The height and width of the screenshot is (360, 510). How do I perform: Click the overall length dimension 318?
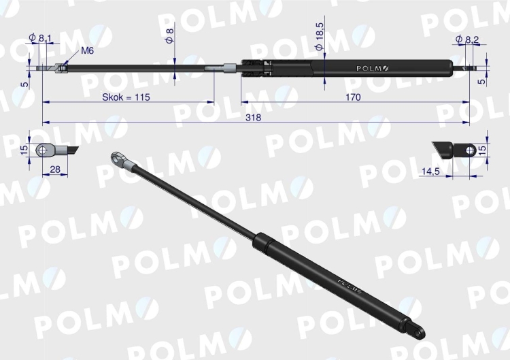254,118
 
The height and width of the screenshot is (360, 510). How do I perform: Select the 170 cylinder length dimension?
353,97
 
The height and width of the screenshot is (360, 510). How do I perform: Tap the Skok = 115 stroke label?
126,97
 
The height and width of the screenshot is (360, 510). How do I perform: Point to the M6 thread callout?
87,50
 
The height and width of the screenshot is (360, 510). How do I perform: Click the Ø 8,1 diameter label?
40,37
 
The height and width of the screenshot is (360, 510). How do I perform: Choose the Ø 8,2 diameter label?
467,39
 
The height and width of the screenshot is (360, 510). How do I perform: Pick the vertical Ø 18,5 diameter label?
320,36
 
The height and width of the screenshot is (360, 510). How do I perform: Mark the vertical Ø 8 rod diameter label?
170,36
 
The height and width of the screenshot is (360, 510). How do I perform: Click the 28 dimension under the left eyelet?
55,169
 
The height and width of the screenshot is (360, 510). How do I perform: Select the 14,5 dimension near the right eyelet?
430,171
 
